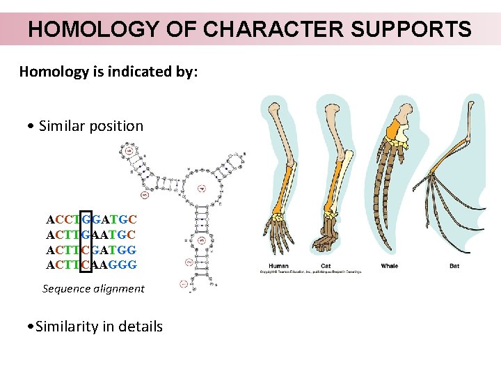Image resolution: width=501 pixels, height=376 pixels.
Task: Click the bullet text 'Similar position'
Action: (91, 126)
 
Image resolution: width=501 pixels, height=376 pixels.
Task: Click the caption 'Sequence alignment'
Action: (93, 288)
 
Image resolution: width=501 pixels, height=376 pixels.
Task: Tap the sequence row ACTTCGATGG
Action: (91, 250)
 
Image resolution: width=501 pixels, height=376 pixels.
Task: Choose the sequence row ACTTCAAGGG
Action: (91, 265)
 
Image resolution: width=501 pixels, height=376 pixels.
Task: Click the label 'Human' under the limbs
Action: (279, 266)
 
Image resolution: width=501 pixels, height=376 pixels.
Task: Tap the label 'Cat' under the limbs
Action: (325, 266)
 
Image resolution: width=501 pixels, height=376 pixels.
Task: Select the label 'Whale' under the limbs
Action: (390, 266)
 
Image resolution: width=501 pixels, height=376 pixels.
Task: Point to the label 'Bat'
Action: (454, 266)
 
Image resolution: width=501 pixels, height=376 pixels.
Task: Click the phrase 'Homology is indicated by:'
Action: (109, 72)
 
